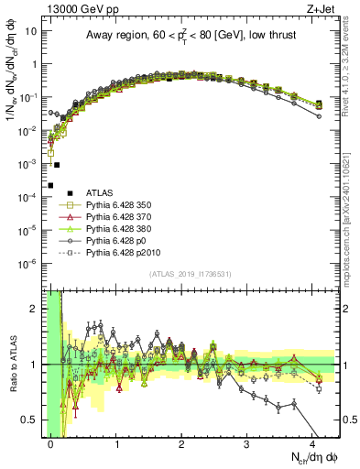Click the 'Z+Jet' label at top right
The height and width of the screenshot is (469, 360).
pyautogui.click(x=322, y=7)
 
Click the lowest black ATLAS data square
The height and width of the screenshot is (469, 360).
pyautogui.click(x=50, y=185)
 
